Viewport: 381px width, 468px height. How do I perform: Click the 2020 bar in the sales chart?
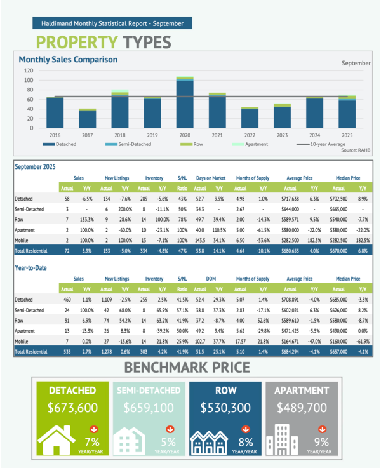(x=185, y=103)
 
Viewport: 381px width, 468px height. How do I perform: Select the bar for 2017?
(x=88, y=119)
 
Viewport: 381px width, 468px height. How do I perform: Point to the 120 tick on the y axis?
(x=29, y=70)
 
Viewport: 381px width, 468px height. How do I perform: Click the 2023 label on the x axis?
(x=282, y=135)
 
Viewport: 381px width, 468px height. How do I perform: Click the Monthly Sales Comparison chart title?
(x=68, y=60)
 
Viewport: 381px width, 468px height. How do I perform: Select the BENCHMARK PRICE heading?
(x=190, y=366)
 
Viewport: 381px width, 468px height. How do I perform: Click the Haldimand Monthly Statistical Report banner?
(x=112, y=23)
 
